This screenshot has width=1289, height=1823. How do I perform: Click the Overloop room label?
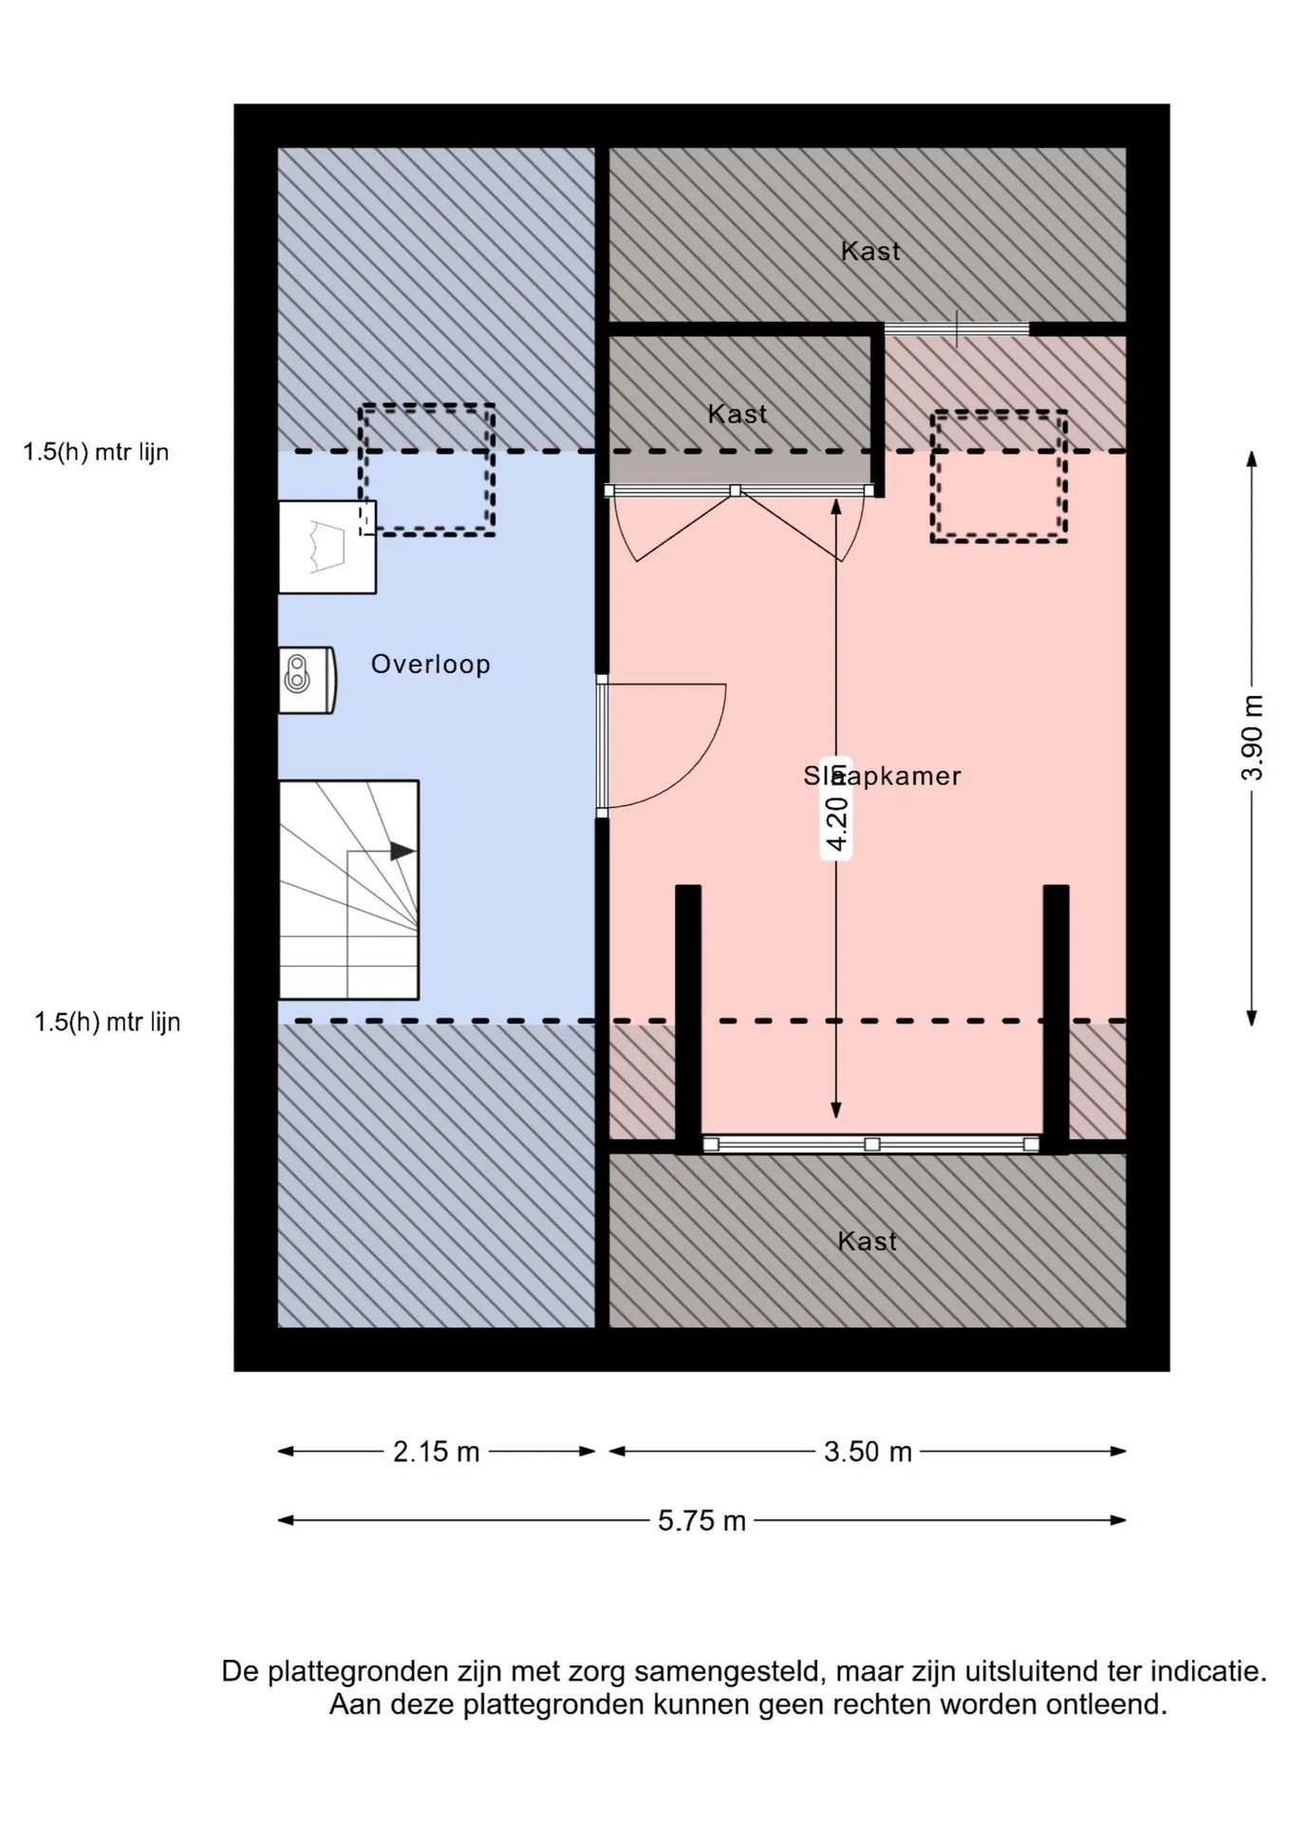coord(430,664)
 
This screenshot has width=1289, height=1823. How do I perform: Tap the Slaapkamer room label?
coord(882,776)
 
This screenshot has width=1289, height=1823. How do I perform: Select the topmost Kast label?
coord(870,251)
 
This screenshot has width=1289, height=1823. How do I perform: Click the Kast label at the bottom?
coord(867,1241)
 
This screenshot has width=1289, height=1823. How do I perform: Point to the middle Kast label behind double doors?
coord(738,414)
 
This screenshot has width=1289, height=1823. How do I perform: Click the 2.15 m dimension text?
coord(437,1452)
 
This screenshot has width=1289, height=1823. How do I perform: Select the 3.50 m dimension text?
coord(868,1452)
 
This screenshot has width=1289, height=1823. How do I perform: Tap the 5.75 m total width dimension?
coord(702,1521)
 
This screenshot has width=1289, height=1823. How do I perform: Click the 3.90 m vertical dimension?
coord(1253,738)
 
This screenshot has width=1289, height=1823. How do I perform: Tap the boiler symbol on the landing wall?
coord(307,680)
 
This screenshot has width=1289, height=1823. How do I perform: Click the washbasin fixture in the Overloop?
coord(327,547)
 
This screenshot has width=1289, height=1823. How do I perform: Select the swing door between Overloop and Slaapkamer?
coord(662,746)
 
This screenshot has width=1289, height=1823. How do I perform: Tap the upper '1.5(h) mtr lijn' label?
coord(96,452)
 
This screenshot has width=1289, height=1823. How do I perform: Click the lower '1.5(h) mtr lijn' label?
coord(107,1022)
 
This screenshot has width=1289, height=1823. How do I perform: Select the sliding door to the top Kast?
coord(957,329)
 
